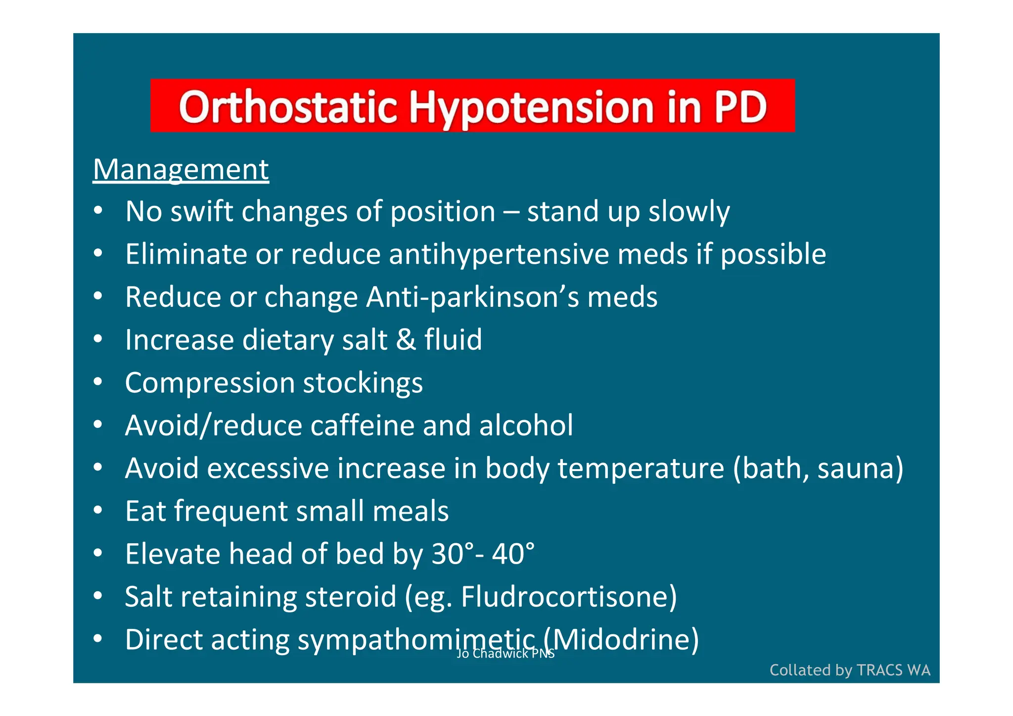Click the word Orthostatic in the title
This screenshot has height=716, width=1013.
pyautogui.click(x=288, y=107)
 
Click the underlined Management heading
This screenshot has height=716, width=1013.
pyautogui.click(x=181, y=170)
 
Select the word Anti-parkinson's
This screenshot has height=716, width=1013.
pyautogui.click(x=472, y=297)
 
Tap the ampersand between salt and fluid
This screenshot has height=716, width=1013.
pyautogui.click(x=406, y=340)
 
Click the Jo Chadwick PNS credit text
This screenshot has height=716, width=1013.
pyautogui.click(x=505, y=654)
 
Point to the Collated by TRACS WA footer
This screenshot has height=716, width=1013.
pyautogui.click(x=849, y=670)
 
